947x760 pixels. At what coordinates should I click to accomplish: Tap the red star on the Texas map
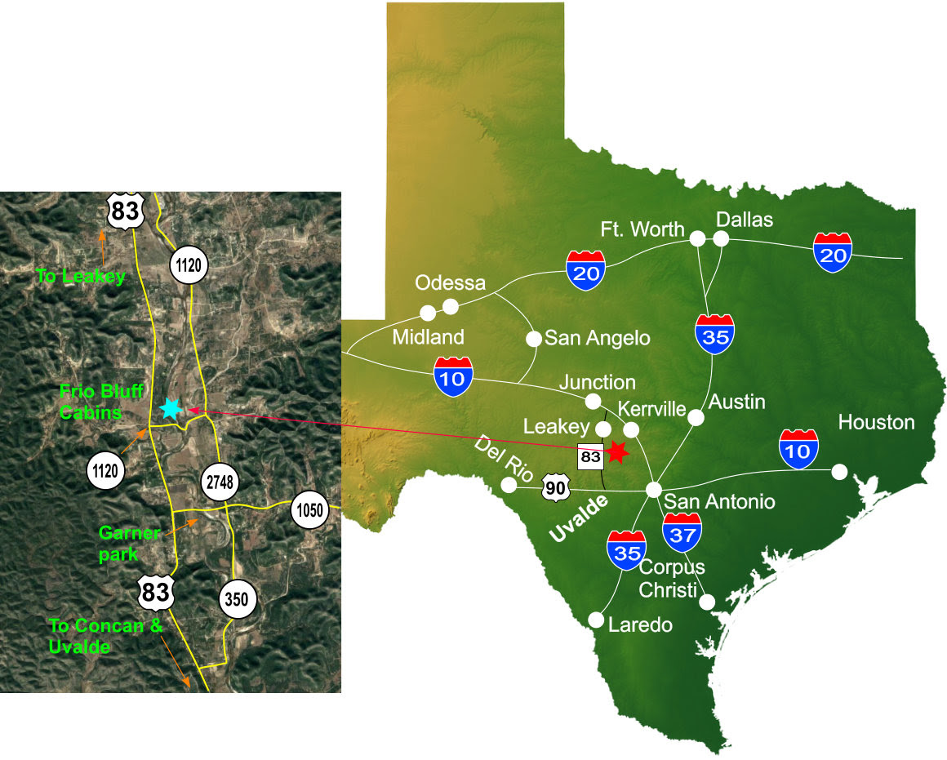coord(617,451)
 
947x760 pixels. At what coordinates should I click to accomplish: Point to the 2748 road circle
coord(220,482)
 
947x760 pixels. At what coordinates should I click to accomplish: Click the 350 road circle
coord(238,598)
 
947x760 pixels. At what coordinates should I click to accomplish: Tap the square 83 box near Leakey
coord(591,457)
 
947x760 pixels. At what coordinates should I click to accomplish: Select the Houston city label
coord(877,422)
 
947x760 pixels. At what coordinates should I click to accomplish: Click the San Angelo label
coord(597,337)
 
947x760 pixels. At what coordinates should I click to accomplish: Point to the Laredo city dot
coord(597,620)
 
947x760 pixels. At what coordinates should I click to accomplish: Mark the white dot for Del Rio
coord(508,486)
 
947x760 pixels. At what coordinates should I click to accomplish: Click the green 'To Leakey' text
coord(81,277)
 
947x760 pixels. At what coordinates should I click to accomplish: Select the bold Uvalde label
coord(580,519)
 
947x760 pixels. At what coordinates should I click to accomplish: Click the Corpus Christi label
coord(671,578)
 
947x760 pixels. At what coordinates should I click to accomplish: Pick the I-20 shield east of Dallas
coord(832,252)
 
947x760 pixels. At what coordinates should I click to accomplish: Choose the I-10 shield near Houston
coord(798,449)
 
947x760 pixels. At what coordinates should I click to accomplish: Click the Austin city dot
coord(696,418)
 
